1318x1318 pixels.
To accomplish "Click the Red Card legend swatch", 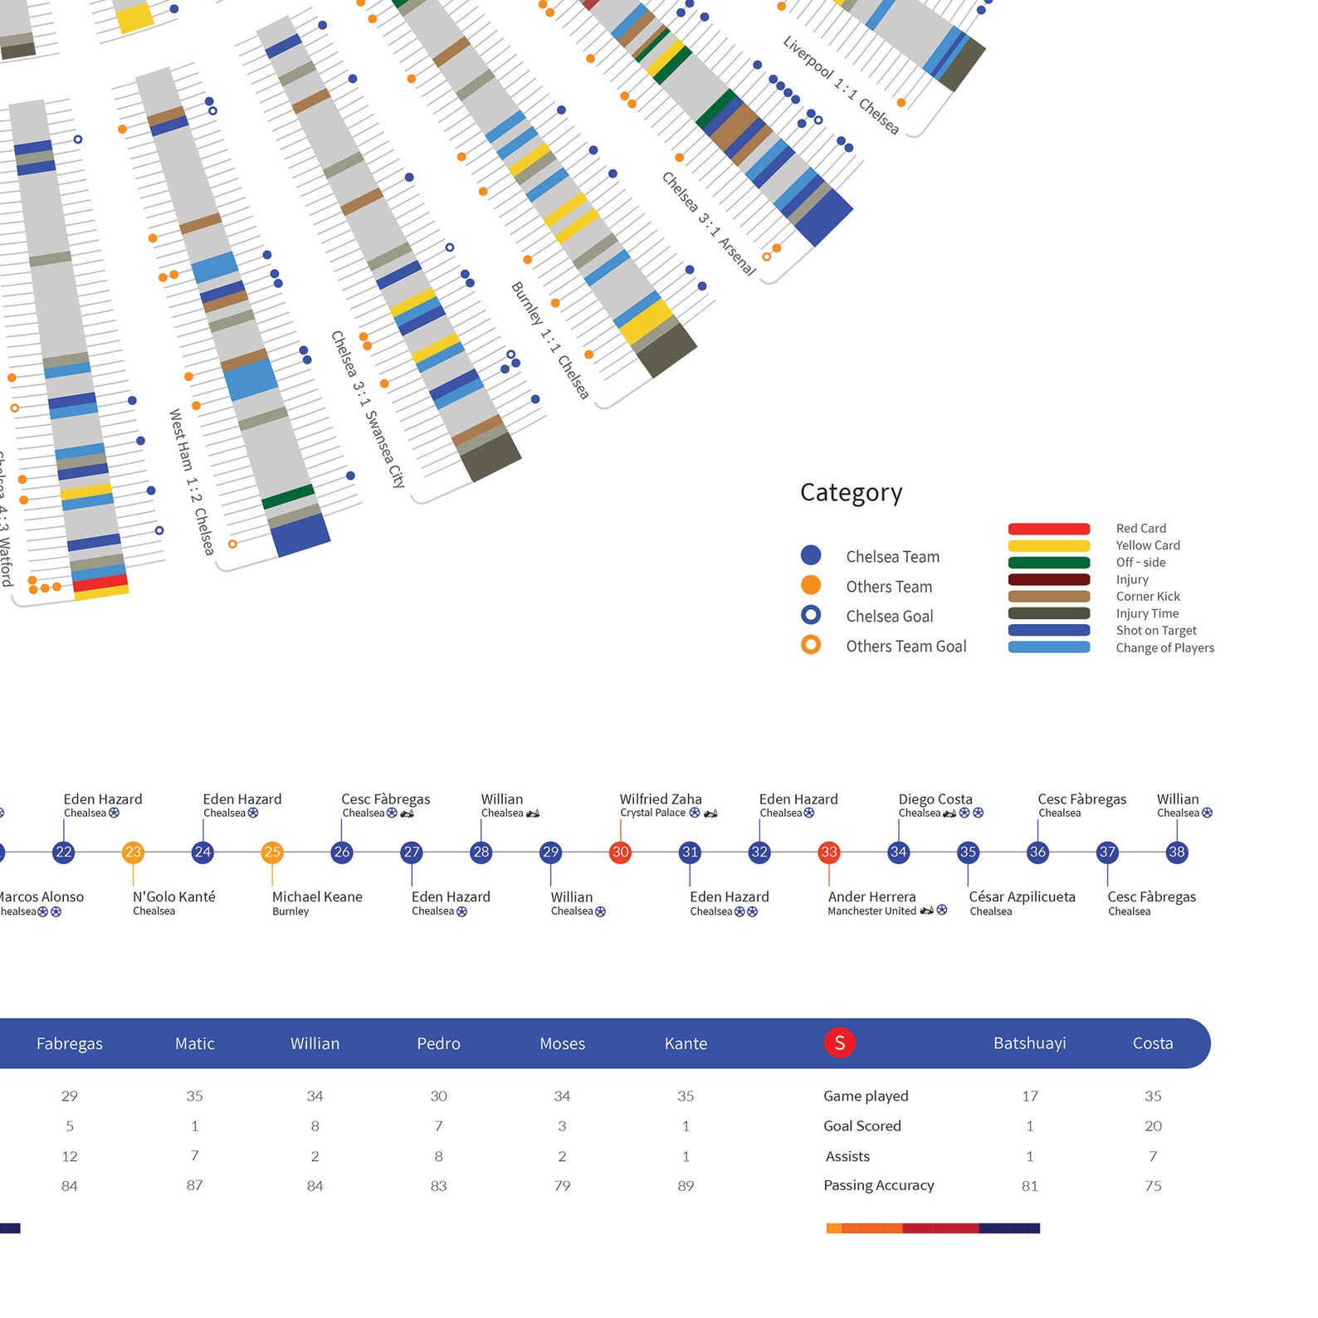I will pos(1048,529).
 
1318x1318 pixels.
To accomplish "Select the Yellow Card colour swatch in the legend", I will pos(1048,545).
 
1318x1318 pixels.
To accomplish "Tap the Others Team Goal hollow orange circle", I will pos(811,645).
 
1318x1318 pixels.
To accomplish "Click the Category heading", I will pos(851,492).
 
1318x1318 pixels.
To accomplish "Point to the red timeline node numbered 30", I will pos(620,852).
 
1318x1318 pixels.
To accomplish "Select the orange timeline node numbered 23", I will pos(133,852).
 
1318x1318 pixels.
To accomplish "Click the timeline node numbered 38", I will pos(1176,852).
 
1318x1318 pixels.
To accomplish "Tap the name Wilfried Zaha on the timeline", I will pos(661,798).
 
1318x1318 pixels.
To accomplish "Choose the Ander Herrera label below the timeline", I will pos(871,896).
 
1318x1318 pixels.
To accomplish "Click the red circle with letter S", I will pos(839,1042).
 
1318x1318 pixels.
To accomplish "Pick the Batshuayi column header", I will pos(1029,1043).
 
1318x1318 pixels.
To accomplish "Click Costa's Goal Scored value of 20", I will pos(1153,1125).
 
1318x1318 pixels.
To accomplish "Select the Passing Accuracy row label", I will pos(878,1185).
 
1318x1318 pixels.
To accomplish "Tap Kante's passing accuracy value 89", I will pos(686,1186).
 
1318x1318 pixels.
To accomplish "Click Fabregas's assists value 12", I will pos(70,1156).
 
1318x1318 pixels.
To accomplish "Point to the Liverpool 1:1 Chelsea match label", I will pos(841,85).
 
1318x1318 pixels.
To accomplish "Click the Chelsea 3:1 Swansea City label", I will pos(368,409).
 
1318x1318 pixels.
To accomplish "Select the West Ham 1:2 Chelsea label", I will pos(192,481).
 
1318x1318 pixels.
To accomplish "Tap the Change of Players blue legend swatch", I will pos(1048,647).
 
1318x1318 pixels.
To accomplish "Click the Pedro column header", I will pos(438,1043).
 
